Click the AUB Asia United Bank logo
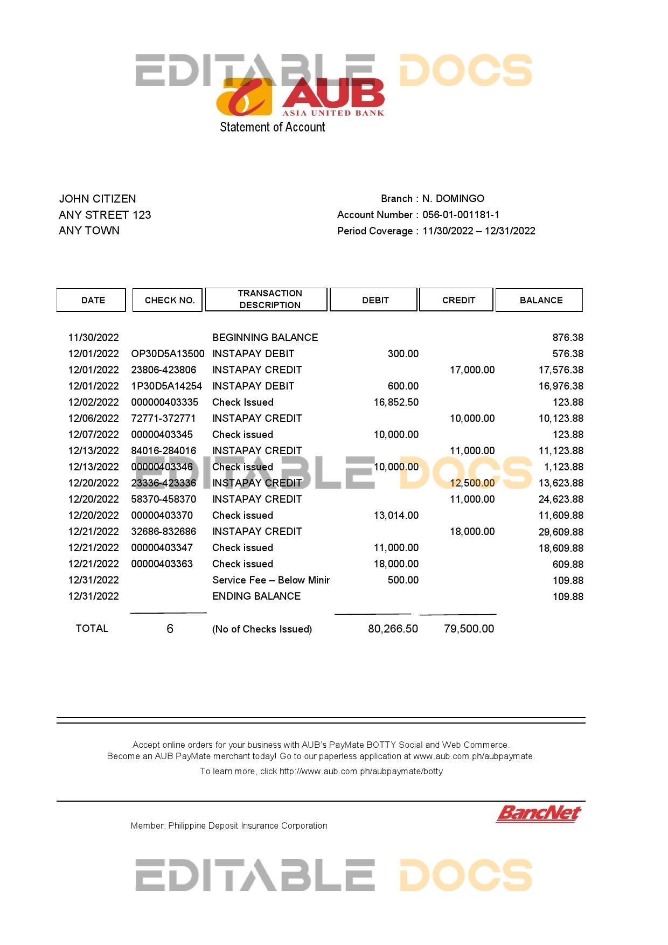tap(300, 97)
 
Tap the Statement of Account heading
tap(272, 127)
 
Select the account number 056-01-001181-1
tap(461, 214)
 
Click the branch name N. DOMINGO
tap(453, 198)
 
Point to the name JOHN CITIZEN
tap(98, 199)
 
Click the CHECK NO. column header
tap(169, 300)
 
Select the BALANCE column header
tap(541, 300)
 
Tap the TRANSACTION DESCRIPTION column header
tap(270, 299)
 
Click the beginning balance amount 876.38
tap(568, 337)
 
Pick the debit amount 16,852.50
tap(396, 402)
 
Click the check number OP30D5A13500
tap(168, 353)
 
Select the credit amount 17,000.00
tap(472, 370)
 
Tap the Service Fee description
tap(270, 580)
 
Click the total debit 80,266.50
tap(393, 629)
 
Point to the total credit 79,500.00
tap(469, 629)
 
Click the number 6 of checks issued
tap(170, 629)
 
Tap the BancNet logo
tap(538, 814)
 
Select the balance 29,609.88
tap(561, 532)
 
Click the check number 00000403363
tap(162, 564)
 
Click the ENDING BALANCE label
tap(256, 596)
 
